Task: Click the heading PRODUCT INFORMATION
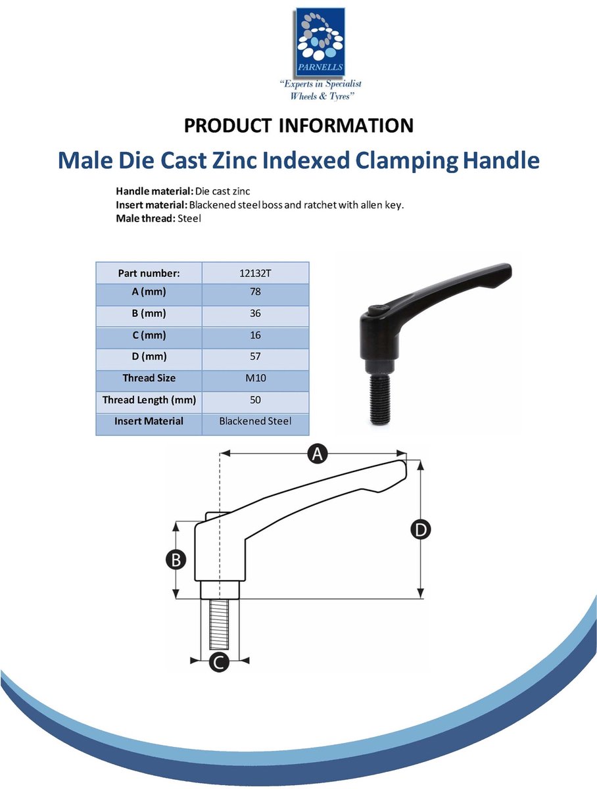298,126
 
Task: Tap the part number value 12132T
255,274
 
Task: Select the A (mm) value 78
255,291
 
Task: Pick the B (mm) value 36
255,313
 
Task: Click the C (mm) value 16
255,335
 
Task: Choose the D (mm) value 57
255,356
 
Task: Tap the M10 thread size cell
255,378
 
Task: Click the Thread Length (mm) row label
149,400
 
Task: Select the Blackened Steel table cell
255,421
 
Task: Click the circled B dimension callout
176,560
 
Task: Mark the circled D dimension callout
421,530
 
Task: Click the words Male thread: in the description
145,218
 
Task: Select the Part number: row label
149,274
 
